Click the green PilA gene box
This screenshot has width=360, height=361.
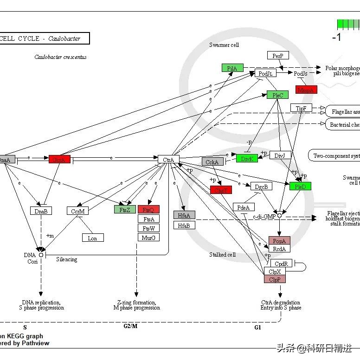coord(232,68)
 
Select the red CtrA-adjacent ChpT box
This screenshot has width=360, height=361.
coord(221,190)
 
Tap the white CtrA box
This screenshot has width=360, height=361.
coord(168,160)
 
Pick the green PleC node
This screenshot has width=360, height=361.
coord(277,95)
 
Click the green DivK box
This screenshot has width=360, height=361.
coord(247,159)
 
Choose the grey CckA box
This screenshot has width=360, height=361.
coord(212,162)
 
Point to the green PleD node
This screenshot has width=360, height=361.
coord(300,187)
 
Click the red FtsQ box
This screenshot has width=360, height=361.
coord(148,210)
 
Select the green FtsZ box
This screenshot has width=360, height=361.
coord(125,209)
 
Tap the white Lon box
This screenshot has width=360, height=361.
coord(93,238)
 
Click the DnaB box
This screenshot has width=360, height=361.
coord(41,211)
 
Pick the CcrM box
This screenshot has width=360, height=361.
coord(77,211)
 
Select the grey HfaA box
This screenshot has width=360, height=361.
coord(184,215)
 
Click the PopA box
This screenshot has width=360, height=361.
coord(279,240)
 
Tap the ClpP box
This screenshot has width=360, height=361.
coord(275,279)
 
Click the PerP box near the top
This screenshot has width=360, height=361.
coord(278,56)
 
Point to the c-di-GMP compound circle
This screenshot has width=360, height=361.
coord(279,216)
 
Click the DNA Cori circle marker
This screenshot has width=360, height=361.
coord(41,255)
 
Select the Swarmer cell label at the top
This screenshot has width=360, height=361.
coord(224,45)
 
